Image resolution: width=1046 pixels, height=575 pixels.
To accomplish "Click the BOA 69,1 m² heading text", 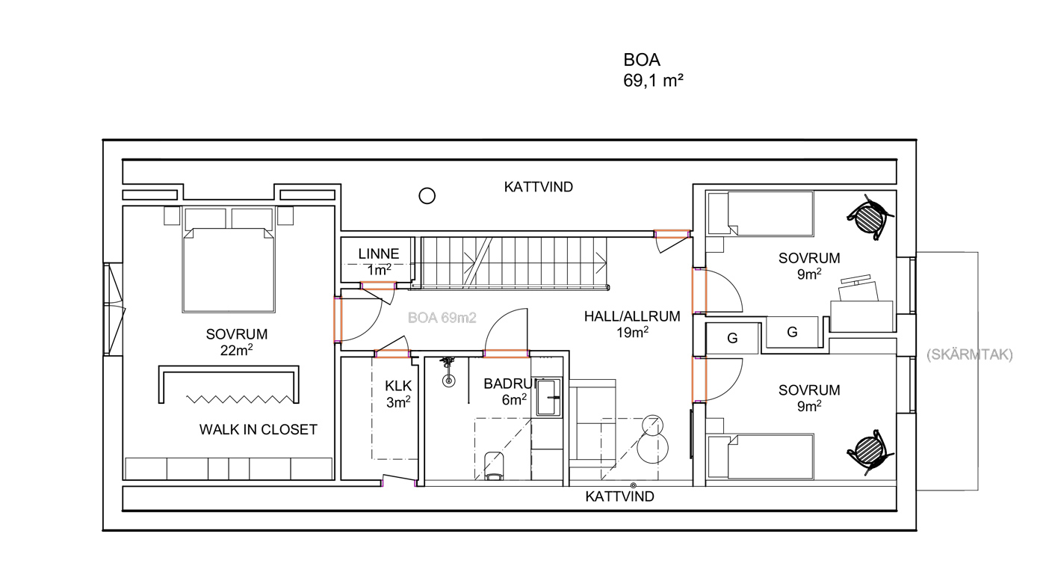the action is tap(653, 70).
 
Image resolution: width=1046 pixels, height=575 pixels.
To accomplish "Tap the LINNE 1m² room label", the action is tap(379, 262).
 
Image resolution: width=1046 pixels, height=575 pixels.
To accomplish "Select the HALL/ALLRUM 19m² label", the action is tap(632, 324).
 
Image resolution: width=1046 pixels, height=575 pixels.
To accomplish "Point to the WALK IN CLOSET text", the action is tap(259, 430).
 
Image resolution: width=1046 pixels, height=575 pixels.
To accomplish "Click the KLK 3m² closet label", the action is tap(398, 394).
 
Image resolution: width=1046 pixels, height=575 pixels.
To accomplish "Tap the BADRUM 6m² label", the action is tap(514, 392).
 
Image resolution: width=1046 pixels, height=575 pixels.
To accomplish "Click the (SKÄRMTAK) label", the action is tap(970, 355).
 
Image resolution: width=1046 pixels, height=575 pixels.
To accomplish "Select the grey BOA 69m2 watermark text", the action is tap(442, 318).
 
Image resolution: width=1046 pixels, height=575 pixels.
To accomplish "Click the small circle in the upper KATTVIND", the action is tap(427, 196).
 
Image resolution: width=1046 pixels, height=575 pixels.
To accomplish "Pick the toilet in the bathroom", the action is tap(494, 466).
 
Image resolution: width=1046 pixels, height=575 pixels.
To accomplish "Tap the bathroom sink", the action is tap(548, 398).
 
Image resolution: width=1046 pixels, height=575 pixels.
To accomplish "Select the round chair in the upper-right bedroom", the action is tap(870, 217).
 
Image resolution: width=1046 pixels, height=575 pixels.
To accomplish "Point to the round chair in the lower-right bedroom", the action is tap(870, 452).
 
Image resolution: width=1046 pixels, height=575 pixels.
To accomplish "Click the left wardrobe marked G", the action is tap(732, 338).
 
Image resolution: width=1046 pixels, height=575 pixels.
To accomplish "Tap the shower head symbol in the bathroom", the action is tap(449, 372).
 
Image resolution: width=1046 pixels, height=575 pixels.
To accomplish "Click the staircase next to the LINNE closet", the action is tap(514, 262).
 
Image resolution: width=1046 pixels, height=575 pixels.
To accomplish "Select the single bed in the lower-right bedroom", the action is tap(761, 457).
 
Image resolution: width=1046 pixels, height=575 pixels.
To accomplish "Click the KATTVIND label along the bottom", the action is tap(619, 496).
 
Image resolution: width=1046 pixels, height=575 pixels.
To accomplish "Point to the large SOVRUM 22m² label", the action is tap(237, 342).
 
